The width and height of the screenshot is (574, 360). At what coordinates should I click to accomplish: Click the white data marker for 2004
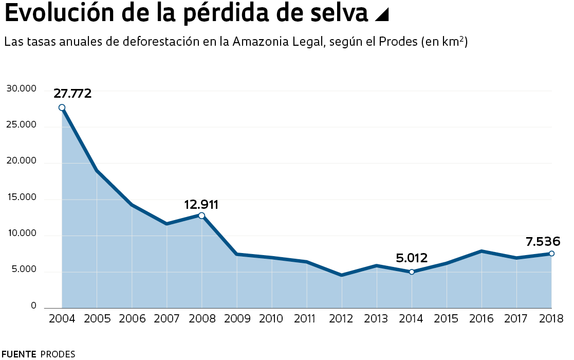(62, 107)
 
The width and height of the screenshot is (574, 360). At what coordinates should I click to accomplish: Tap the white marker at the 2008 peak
(201, 215)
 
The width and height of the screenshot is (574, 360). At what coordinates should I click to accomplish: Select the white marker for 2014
(412, 272)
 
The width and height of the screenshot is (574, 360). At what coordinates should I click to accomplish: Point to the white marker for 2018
(551, 253)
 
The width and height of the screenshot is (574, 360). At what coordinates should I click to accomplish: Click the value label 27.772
(72, 94)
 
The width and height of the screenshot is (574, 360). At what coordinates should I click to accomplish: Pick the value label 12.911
(201, 205)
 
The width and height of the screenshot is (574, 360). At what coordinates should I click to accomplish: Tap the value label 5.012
(412, 258)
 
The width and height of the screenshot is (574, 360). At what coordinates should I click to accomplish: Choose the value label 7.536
(543, 241)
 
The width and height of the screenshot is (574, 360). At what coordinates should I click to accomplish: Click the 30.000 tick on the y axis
(22, 89)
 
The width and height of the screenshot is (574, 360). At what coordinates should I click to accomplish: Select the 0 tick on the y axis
(33, 306)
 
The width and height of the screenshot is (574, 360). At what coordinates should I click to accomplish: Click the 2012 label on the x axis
(341, 319)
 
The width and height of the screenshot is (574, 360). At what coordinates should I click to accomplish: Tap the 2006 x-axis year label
(132, 319)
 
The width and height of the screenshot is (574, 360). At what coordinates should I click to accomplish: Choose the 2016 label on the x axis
(481, 319)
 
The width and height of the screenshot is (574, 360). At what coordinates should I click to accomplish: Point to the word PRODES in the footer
(58, 354)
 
